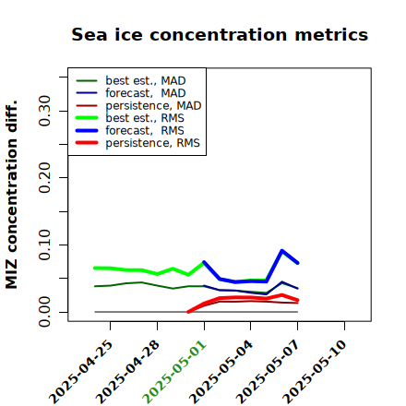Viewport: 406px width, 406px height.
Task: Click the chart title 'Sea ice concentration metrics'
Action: coord(220,34)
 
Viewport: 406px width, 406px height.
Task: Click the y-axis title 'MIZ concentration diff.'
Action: coord(11,195)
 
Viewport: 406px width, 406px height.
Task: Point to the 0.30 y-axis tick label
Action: coord(44,111)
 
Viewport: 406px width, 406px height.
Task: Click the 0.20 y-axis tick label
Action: coord(44,178)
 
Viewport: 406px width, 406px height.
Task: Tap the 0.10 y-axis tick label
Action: coord(44,245)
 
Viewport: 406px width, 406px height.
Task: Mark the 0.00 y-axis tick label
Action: coord(44,312)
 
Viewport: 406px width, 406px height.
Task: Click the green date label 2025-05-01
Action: coord(174,372)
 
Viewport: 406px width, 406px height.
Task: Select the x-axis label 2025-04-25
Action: coord(81,372)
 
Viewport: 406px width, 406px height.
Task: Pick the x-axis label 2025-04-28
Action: coord(127,372)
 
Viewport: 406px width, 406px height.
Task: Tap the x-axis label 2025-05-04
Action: coord(221,372)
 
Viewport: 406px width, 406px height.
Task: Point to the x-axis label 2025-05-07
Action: coord(268,372)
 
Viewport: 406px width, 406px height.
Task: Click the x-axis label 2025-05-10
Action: coord(315,372)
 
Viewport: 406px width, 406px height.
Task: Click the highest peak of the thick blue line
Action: coord(282,251)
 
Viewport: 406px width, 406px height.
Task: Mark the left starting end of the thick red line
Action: coord(188,312)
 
